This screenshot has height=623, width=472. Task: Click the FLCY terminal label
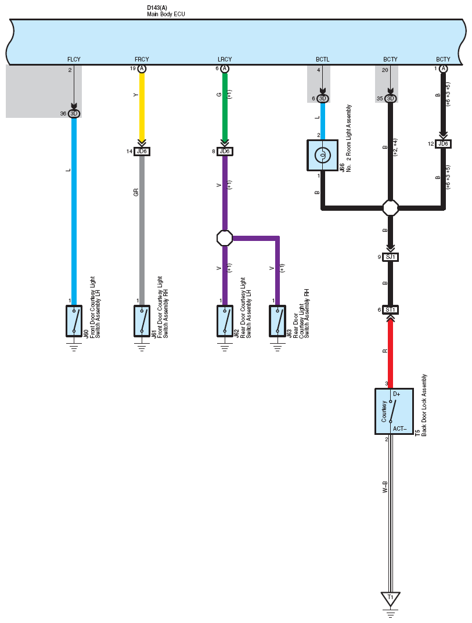74,59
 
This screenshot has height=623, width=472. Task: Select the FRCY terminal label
142,59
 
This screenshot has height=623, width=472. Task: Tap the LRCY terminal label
225,59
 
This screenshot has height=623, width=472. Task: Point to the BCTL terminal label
322,59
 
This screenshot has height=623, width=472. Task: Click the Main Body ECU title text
165,14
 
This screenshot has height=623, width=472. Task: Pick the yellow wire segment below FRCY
142,106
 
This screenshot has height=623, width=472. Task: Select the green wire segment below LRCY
225,106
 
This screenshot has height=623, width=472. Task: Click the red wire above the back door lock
391,353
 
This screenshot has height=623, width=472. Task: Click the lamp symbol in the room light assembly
322,155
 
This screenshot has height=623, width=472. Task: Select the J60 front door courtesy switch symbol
74,321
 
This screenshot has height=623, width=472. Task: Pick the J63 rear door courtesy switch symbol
278,321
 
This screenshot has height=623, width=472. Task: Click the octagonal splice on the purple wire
225,238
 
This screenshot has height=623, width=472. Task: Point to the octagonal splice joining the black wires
391,207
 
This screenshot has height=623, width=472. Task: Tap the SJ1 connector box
391,257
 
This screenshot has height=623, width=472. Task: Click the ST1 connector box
391,309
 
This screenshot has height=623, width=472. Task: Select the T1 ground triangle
391,599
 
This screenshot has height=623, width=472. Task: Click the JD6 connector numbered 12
443,144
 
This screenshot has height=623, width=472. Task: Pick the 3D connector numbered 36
74,114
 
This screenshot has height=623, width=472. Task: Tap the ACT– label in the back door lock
399,428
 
